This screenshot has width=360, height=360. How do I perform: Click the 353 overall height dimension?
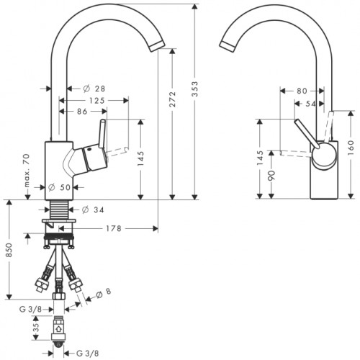[196, 89]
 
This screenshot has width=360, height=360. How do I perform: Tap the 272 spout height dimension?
[173, 99]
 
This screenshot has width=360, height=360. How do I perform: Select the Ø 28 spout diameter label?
[94, 89]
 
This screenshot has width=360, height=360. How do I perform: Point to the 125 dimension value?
[97, 101]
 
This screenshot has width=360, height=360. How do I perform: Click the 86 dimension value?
[82, 112]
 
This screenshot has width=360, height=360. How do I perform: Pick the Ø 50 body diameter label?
[59, 187]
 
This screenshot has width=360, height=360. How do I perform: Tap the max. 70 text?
[27, 171]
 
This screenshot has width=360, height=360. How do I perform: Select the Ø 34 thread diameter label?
[93, 210]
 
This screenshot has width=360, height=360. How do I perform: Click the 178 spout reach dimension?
[114, 228]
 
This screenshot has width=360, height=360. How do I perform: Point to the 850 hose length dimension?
[9, 250]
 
